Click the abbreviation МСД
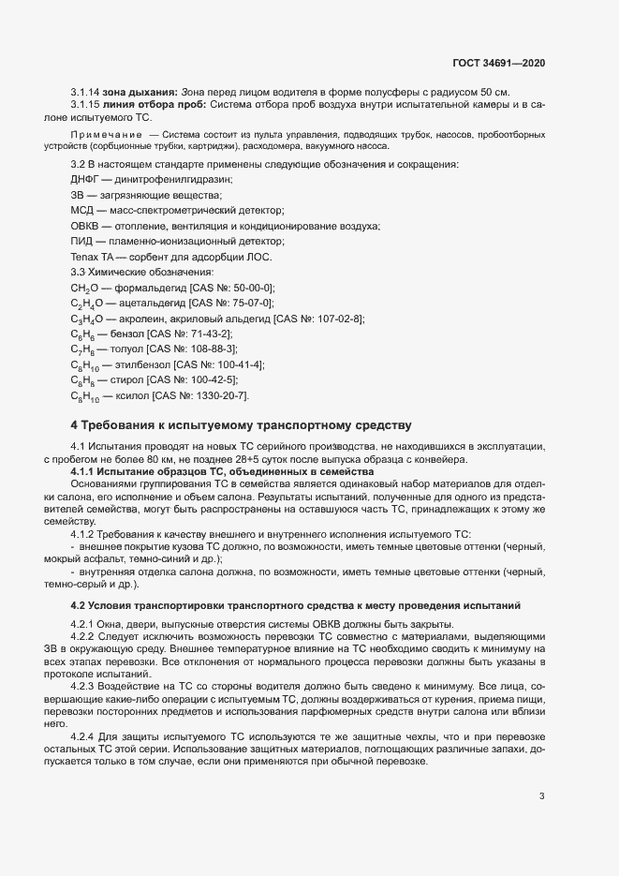click(83, 211)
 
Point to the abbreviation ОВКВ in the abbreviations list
click(86, 226)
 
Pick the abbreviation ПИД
click(82, 242)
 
